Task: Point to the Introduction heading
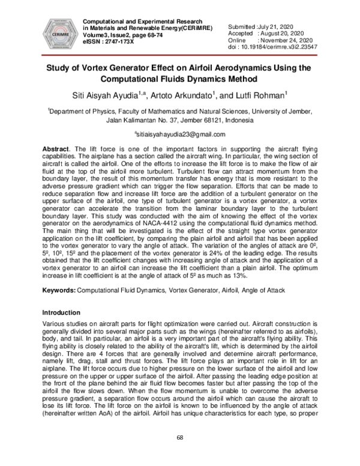64,313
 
